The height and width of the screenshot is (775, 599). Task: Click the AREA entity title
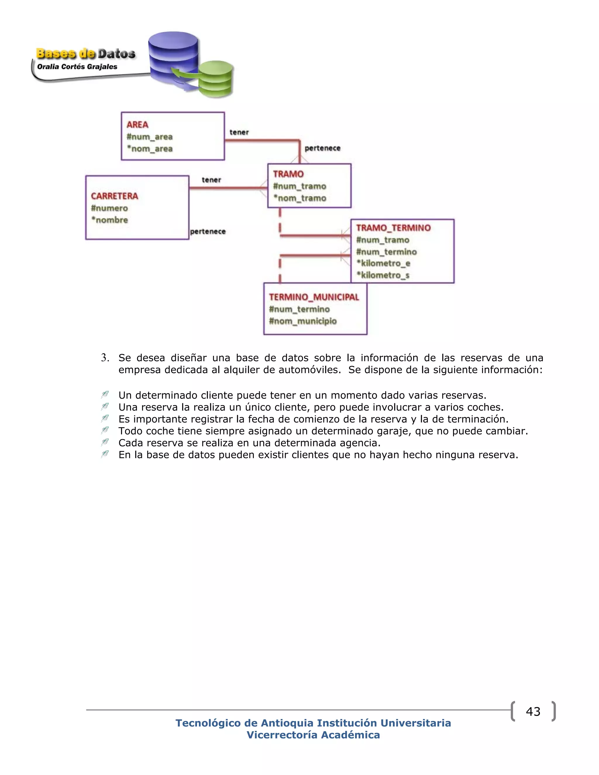point(137,125)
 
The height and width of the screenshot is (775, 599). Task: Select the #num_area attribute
point(149,137)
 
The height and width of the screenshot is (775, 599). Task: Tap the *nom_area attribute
point(150,149)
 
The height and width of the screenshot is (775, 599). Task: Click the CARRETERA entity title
point(114,196)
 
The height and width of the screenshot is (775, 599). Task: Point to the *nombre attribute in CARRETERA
point(110,220)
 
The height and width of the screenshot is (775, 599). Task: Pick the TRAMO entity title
point(288,174)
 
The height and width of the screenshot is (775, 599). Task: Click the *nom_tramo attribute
point(300,198)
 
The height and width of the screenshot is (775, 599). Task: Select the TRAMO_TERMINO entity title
point(393,228)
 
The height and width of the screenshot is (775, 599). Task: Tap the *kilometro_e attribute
point(383,263)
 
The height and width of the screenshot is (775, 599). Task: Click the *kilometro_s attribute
point(383,275)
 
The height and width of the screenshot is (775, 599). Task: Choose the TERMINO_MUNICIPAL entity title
point(314,297)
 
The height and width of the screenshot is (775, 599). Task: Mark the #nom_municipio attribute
point(303,321)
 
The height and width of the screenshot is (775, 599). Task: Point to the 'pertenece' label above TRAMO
point(322,148)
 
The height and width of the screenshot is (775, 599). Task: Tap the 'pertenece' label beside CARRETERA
point(208,231)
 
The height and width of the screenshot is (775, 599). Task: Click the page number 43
point(533,712)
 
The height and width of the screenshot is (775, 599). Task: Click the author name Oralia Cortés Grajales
point(77,67)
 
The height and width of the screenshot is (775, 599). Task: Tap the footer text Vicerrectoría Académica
point(313,735)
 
